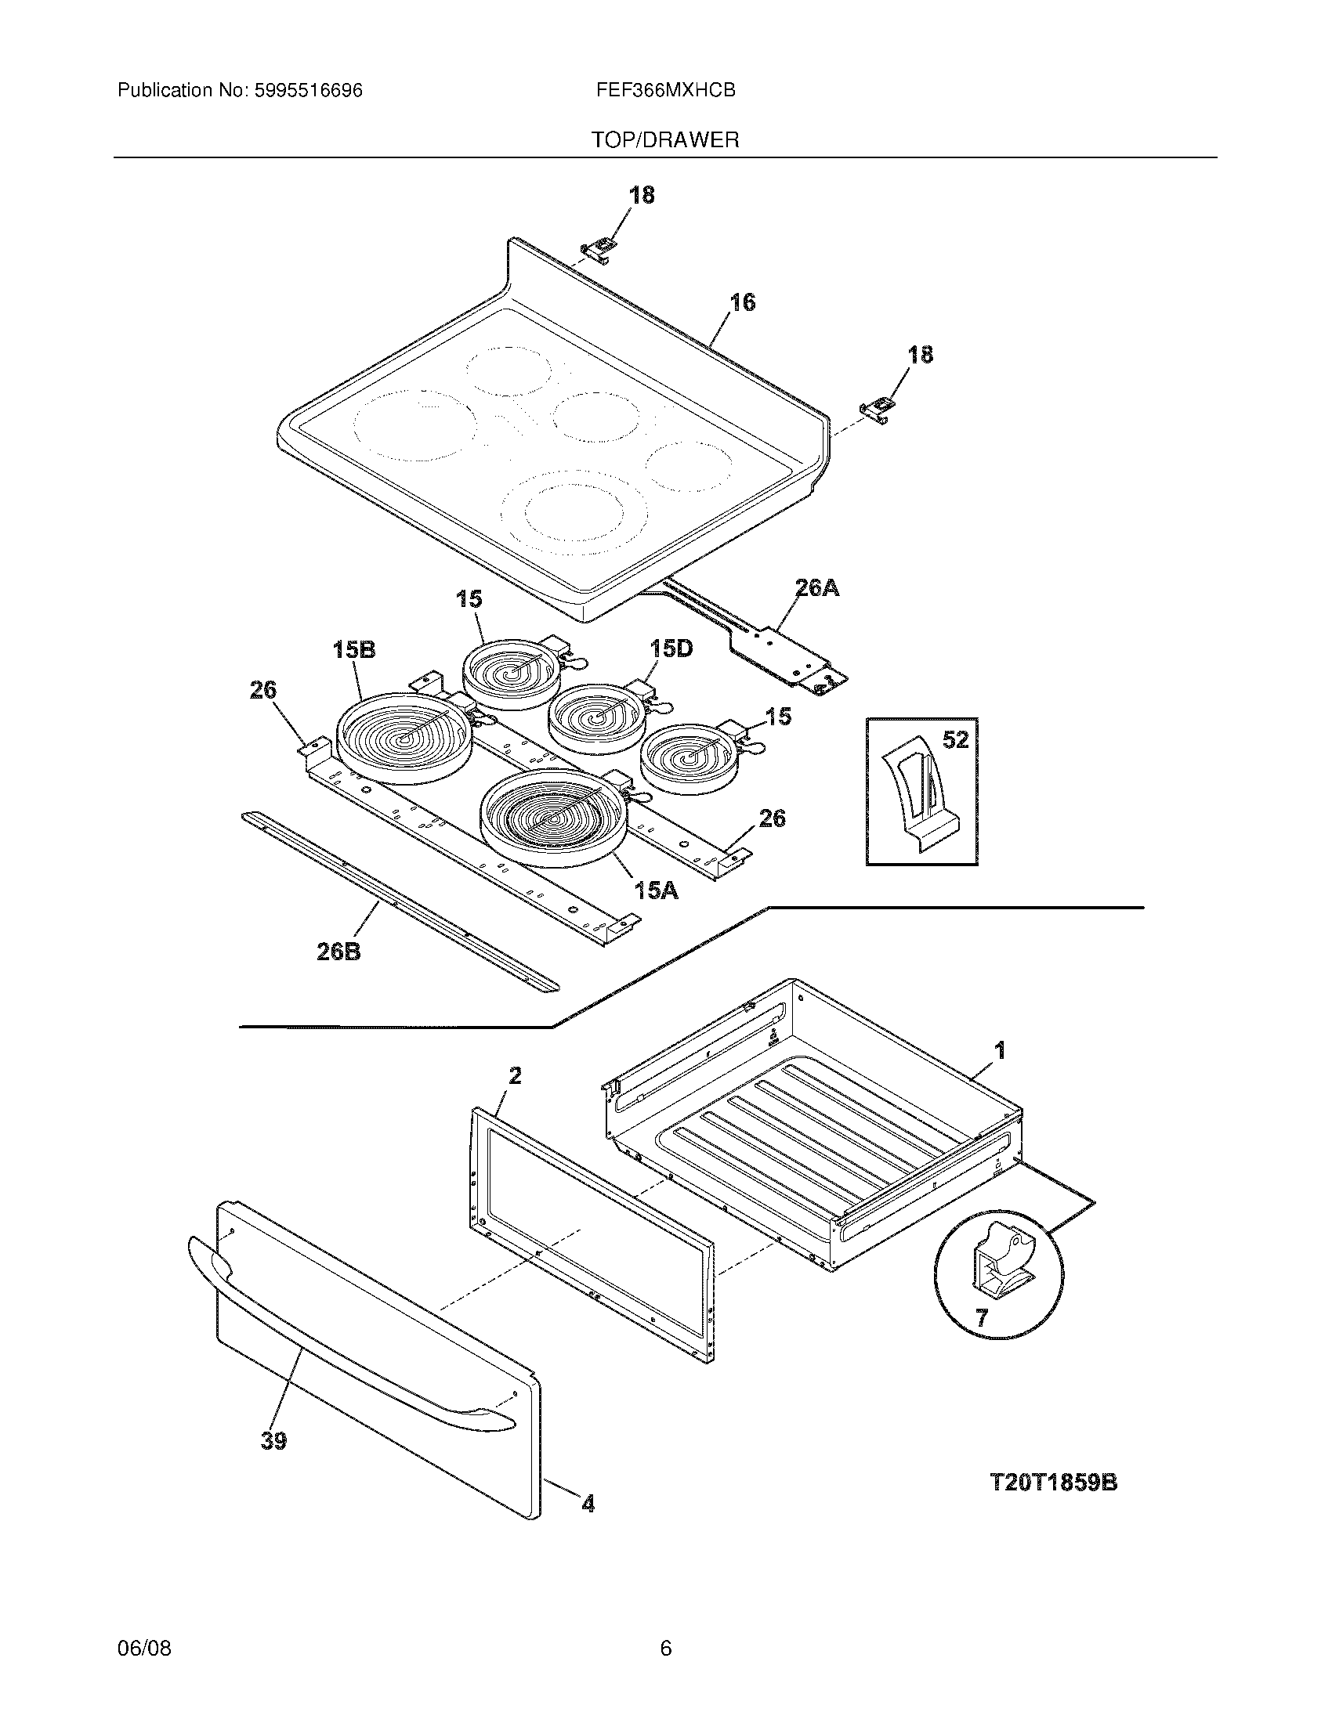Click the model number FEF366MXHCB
click(x=666, y=91)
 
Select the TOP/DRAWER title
click(x=665, y=140)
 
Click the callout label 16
click(x=742, y=302)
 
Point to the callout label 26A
click(x=816, y=587)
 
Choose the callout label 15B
click(x=353, y=649)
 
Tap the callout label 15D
click(x=671, y=648)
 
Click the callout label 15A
click(x=657, y=890)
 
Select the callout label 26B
click(x=339, y=952)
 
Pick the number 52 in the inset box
click(x=956, y=740)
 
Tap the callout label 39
click(x=273, y=1441)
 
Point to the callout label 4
click(x=588, y=1504)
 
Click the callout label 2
click(x=515, y=1075)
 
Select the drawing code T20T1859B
click(x=1053, y=1483)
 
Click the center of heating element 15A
click(x=555, y=818)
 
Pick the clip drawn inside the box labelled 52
click(x=919, y=796)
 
